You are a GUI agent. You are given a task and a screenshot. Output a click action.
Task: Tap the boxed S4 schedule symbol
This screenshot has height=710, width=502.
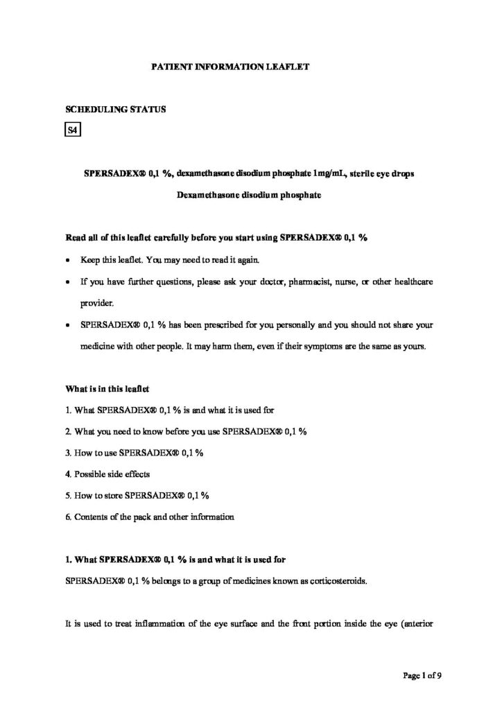73,130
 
